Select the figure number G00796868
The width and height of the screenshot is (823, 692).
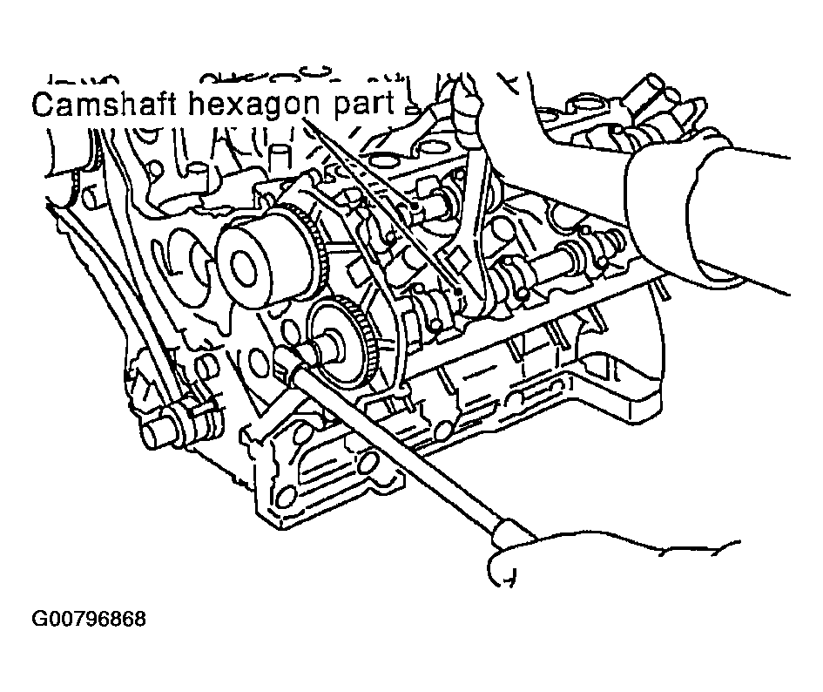(89, 619)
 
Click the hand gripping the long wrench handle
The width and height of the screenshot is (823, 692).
(604, 557)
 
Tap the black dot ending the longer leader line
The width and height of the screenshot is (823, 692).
(459, 290)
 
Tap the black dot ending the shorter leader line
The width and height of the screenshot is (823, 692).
(415, 206)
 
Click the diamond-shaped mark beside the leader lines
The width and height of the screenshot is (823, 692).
(455, 259)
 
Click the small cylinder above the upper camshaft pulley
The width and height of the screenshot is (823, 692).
(280, 158)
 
